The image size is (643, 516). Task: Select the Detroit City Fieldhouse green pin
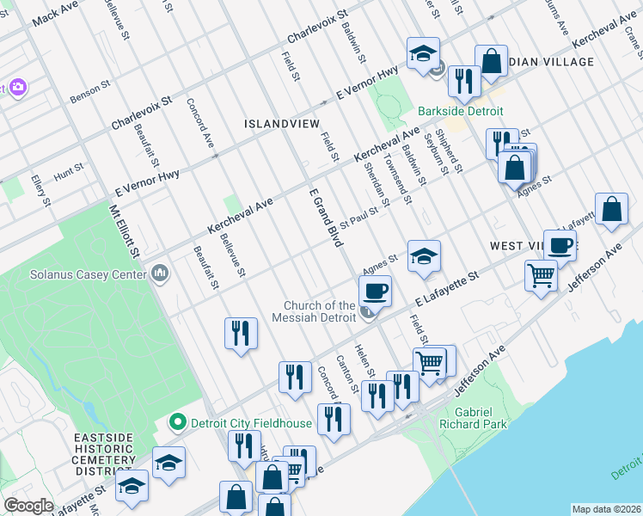point(178,422)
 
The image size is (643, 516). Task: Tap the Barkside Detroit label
point(461,112)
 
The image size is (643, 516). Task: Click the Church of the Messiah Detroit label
point(320,311)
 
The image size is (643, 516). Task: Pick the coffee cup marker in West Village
point(560,246)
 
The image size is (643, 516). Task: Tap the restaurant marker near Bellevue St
point(241,333)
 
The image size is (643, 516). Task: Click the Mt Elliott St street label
point(124,232)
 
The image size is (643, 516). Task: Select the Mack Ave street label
point(56,13)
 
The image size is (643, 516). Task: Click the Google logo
point(28,506)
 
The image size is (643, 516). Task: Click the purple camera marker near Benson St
point(17,87)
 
